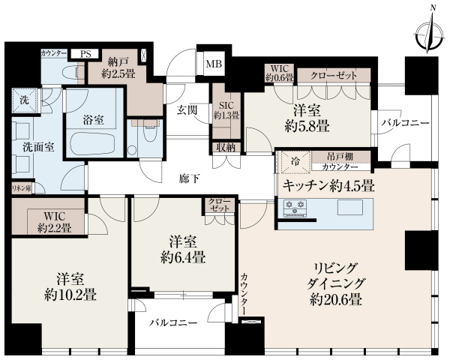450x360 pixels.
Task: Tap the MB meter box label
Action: tap(214, 64)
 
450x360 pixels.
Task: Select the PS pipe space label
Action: tap(85, 54)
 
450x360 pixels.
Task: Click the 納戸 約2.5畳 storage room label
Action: tap(118, 67)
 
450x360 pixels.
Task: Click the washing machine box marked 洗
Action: tap(25, 100)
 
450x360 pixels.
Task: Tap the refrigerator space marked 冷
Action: tap(295, 162)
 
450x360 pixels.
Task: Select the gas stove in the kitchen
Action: tap(295, 208)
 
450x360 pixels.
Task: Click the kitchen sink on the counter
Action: tap(349, 207)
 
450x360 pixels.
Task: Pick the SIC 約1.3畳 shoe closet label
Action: tap(226, 110)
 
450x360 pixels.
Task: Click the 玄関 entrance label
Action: tap(187, 110)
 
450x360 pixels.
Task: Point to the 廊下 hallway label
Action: tap(189, 178)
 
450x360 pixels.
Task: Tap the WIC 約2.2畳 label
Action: tap(55, 222)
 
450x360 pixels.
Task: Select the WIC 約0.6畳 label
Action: tap(279, 73)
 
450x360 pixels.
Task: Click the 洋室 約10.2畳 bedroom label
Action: tap(70, 286)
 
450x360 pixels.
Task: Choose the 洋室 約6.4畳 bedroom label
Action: tap(183, 249)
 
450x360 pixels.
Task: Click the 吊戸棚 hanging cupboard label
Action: tap(340, 157)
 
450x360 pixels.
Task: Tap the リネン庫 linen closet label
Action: tap(21, 188)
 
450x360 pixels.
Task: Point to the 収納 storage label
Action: tap(226, 148)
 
